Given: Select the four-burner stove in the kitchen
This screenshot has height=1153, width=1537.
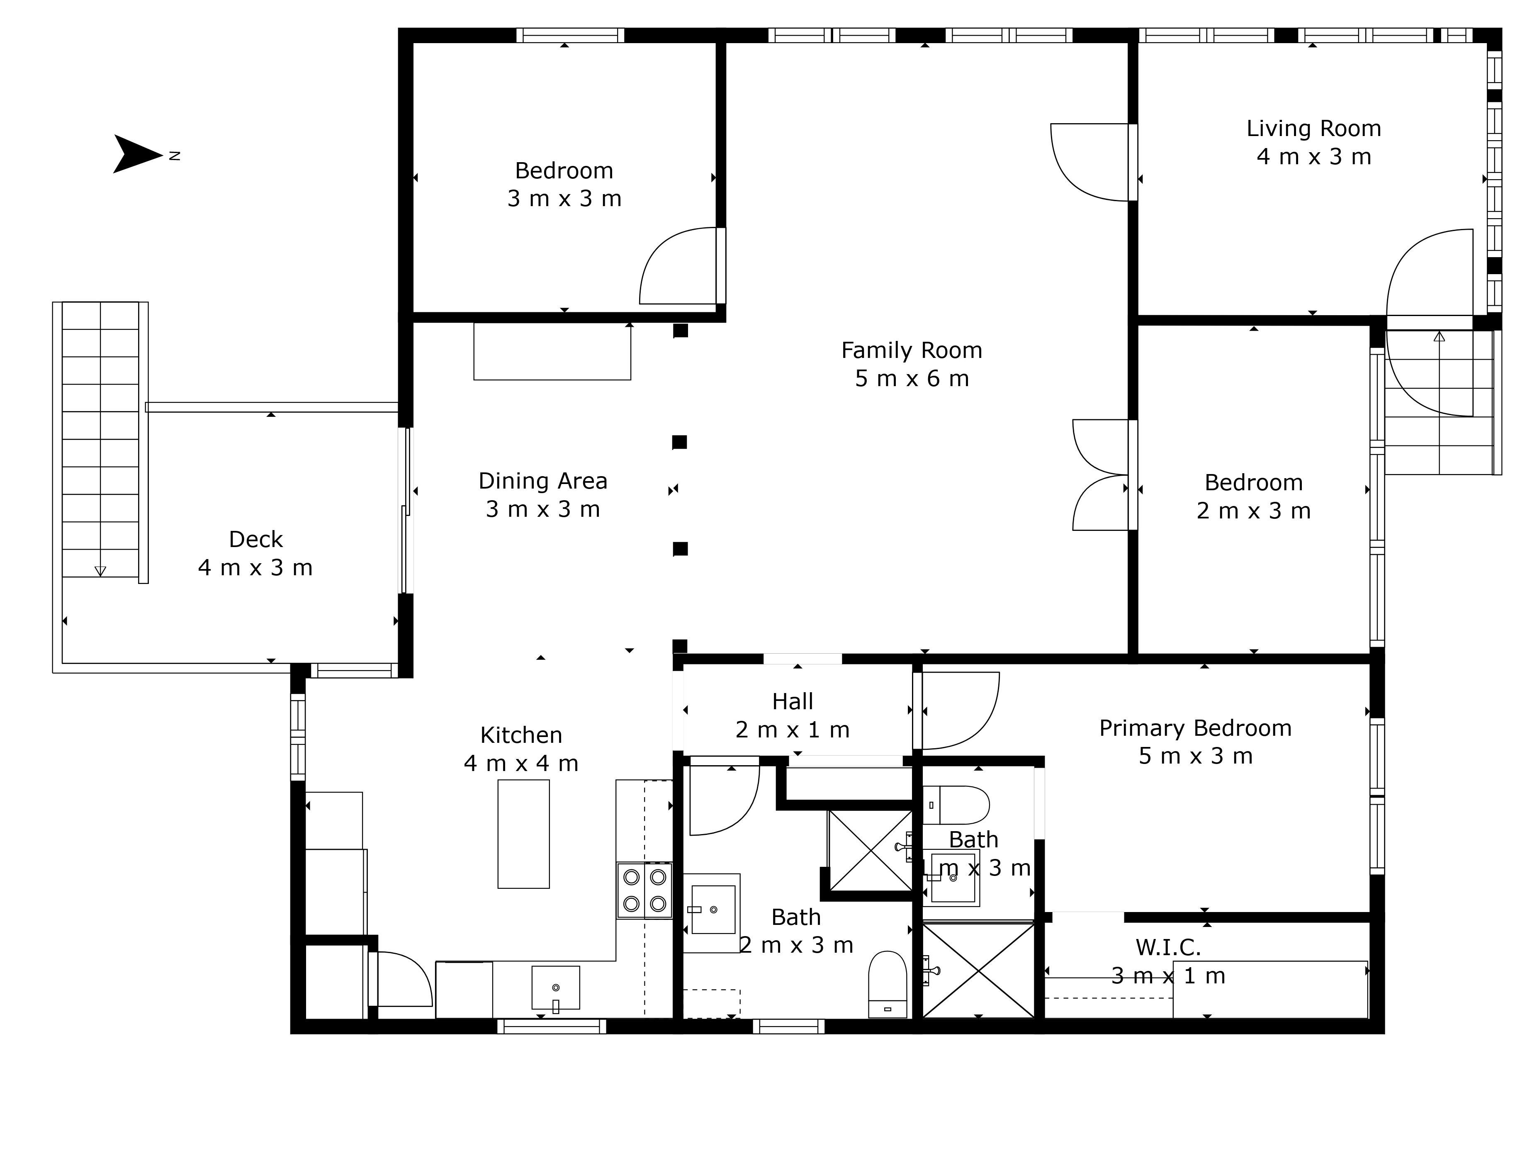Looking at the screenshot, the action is (644, 890).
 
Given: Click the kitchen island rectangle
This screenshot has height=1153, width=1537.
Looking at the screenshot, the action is (523, 834).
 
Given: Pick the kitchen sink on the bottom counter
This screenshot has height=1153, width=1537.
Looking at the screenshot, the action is (555, 988).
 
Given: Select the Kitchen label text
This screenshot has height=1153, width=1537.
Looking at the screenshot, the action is (521, 735).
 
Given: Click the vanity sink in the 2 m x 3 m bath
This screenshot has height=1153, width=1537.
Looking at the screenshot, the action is (712, 910).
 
